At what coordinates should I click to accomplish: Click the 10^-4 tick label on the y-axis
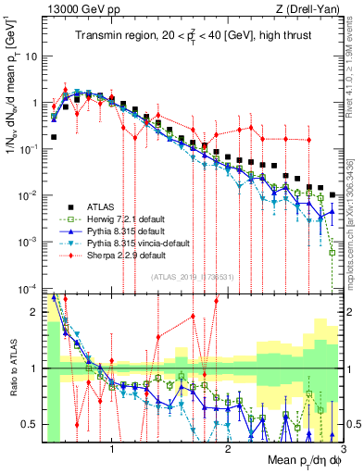click(30, 288)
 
